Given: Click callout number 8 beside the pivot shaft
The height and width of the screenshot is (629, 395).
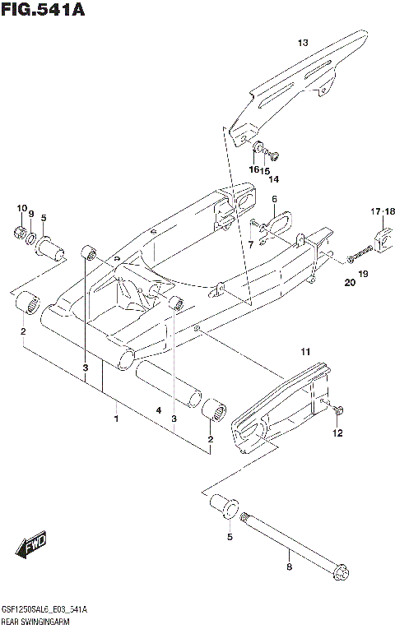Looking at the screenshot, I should [288, 567].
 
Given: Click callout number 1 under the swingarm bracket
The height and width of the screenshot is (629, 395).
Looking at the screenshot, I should [116, 419].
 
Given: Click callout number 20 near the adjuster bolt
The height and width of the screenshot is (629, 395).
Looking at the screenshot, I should [349, 284].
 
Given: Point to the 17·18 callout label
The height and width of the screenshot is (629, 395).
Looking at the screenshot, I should [383, 211].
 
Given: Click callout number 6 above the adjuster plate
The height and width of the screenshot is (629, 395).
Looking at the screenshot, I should [274, 200].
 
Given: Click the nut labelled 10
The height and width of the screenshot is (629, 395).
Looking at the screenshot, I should [20, 234].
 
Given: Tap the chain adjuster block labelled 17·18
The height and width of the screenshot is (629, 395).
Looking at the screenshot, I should [383, 238].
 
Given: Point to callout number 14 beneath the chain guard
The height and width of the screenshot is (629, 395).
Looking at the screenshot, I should [273, 178].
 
